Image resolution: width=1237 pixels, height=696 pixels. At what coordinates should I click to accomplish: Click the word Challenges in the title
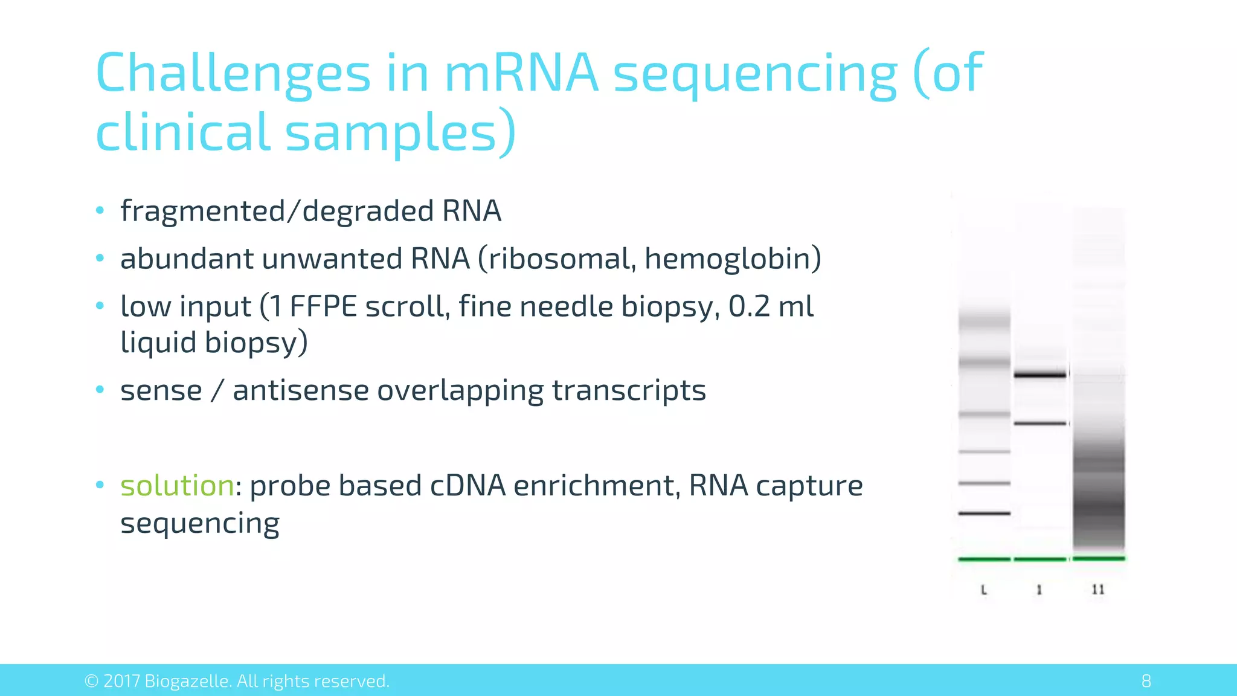click(x=233, y=74)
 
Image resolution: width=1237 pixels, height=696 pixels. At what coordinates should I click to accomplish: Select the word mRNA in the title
click(x=521, y=74)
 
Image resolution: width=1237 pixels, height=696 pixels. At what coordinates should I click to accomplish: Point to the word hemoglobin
click(x=728, y=259)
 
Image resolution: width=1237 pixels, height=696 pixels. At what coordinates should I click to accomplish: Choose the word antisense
click(x=300, y=390)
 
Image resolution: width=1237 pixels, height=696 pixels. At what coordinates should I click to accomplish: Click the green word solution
click(x=177, y=486)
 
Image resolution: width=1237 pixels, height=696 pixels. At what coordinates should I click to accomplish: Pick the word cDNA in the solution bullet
click(x=467, y=486)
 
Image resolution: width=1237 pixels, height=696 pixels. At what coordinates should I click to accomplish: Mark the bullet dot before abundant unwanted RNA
click(x=100, y=259)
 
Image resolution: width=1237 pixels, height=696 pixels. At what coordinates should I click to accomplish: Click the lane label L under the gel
click(x=984, y=590)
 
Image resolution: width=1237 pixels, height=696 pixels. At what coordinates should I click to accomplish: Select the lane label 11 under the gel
click(x=1098, y=590)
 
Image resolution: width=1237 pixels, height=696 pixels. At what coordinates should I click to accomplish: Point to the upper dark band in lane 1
click(x=1040, y=375)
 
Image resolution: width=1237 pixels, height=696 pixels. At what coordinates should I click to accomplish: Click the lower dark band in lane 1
click(x=1040, y=424)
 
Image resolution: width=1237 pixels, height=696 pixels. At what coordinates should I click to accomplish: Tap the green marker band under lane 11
click(x=1099, y=558)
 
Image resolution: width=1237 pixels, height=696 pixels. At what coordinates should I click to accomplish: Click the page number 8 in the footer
click(x=1146, y=681)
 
